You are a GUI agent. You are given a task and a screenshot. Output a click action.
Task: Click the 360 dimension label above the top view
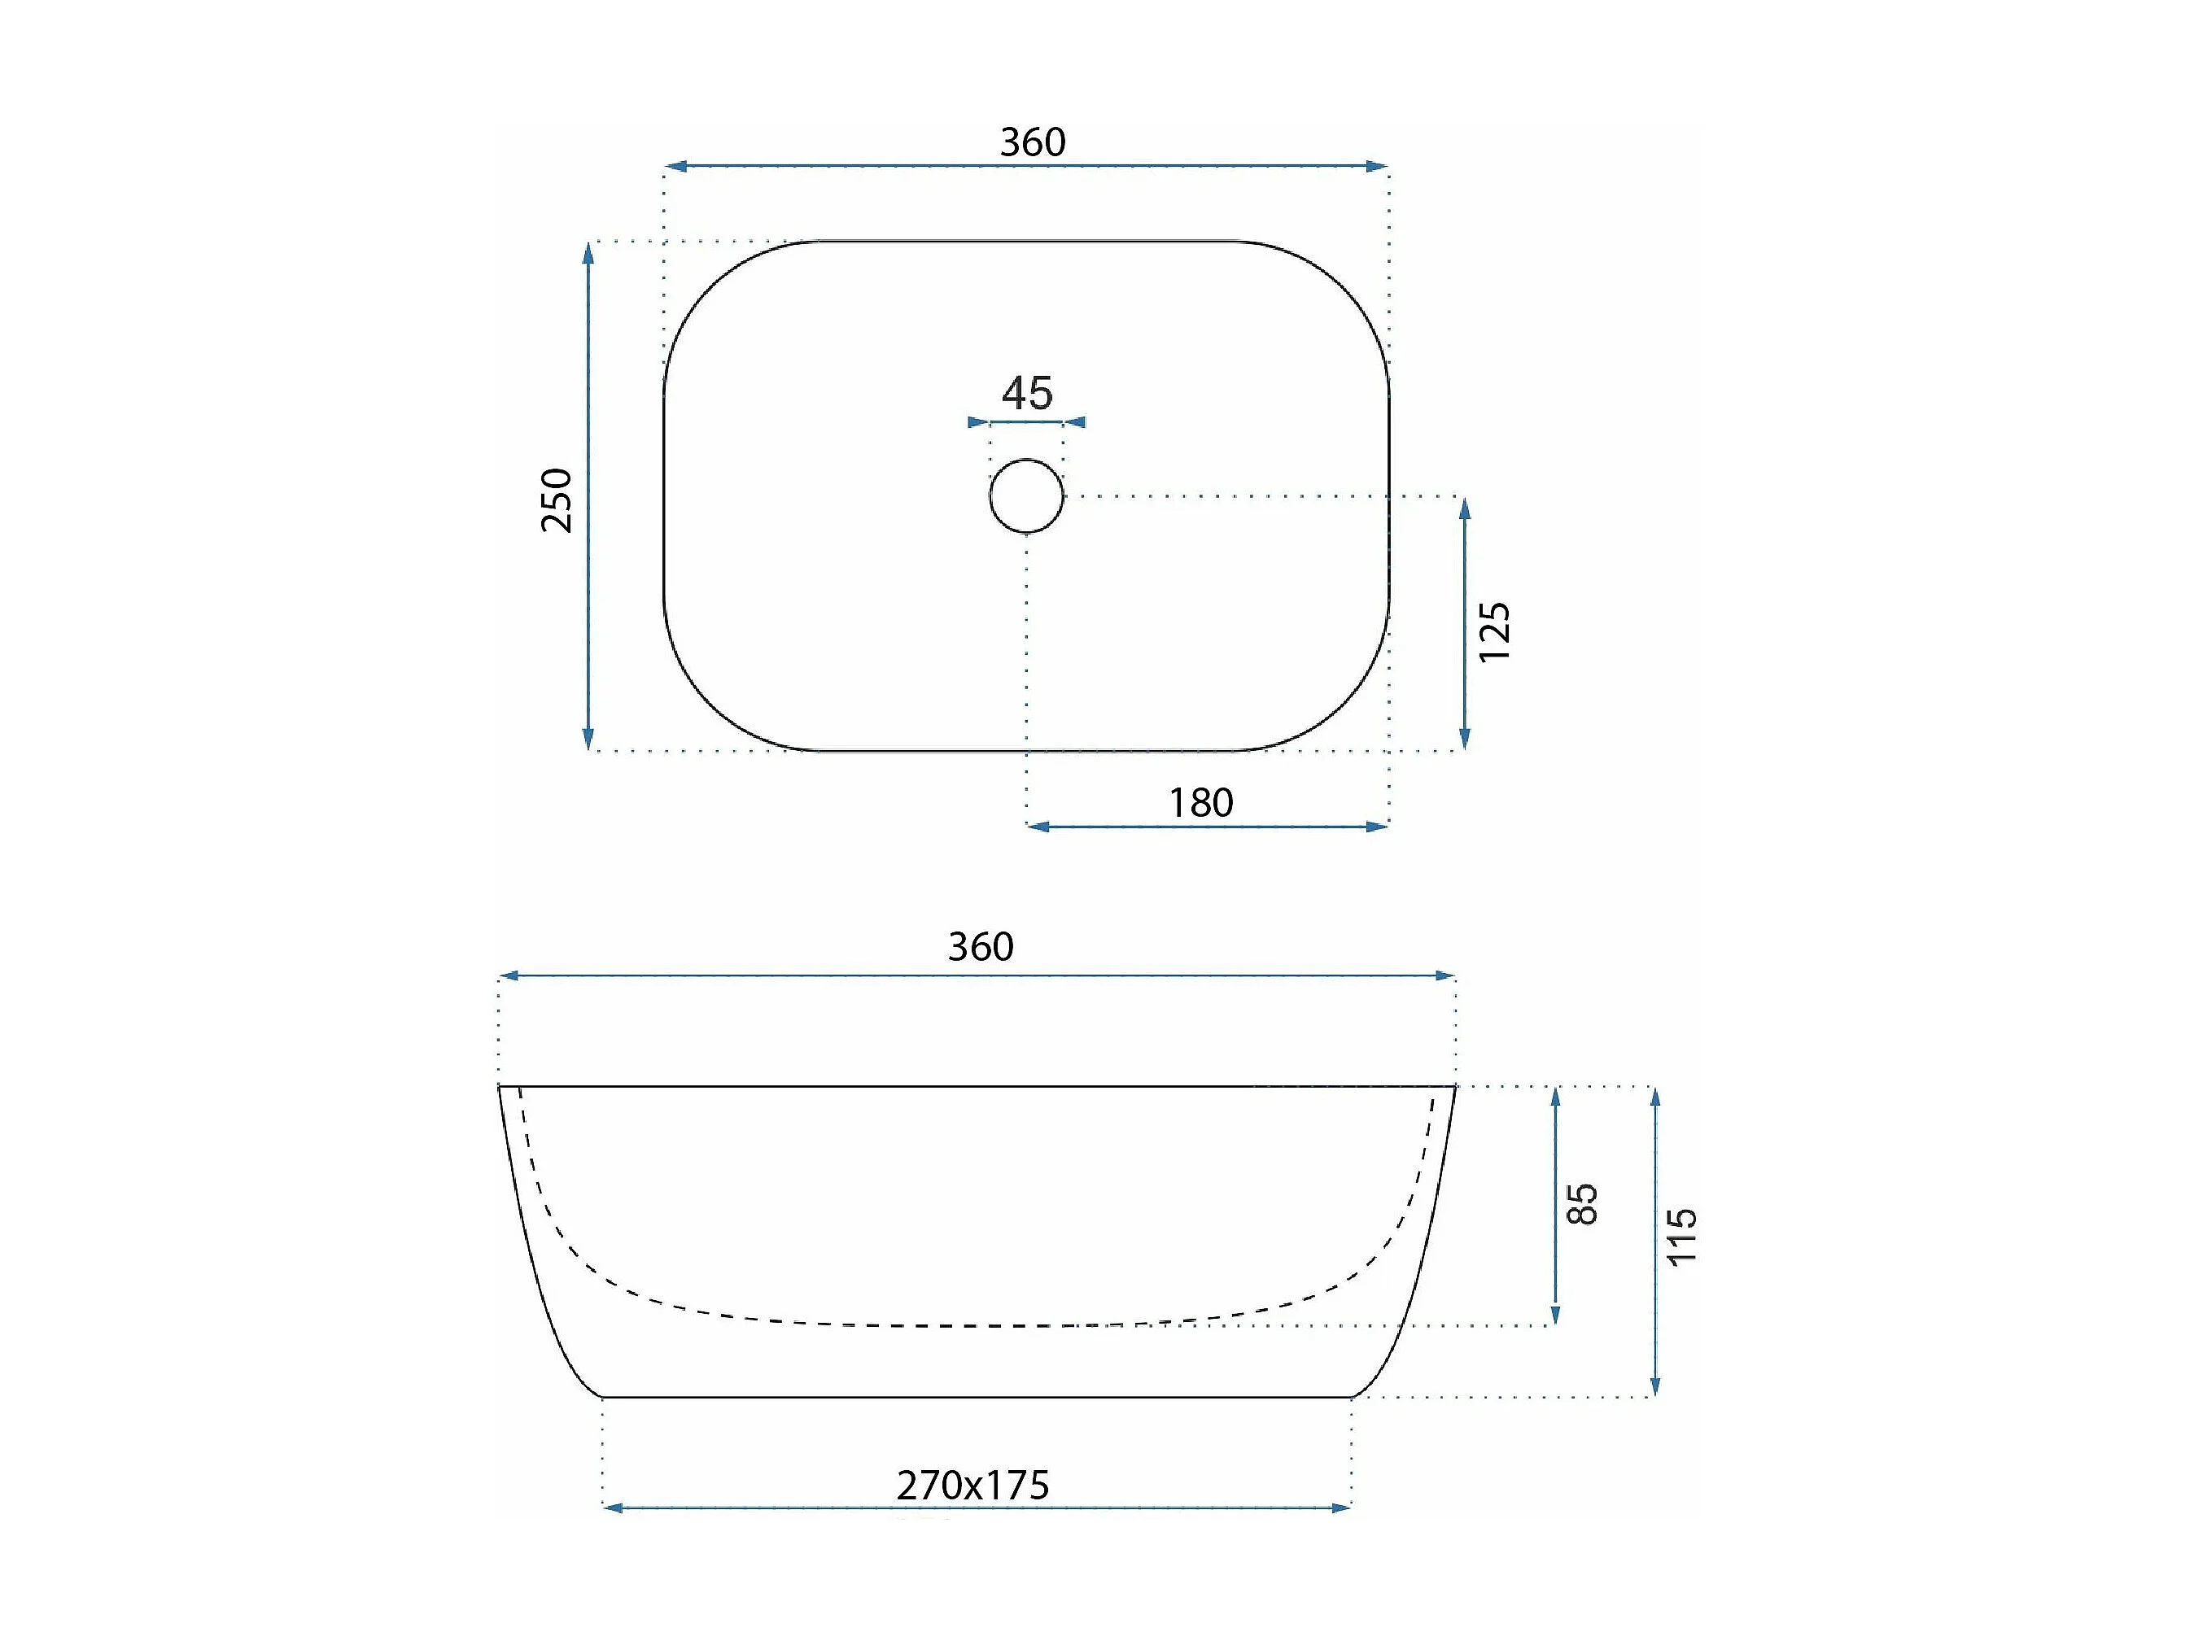(x=1033, y=143)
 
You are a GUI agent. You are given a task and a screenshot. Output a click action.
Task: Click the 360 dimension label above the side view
(x=981, y=947)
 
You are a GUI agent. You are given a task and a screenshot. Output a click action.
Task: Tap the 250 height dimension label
(x=557, y=500)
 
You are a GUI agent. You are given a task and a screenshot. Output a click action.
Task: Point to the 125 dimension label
(x=1494, y=631)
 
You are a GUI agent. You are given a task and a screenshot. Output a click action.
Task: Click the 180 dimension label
(x=1201, y=802)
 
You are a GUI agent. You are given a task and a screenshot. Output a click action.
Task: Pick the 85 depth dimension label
(x=1583, y=1204)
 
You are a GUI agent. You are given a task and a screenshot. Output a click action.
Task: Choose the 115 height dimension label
(x=1682, y=1237)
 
